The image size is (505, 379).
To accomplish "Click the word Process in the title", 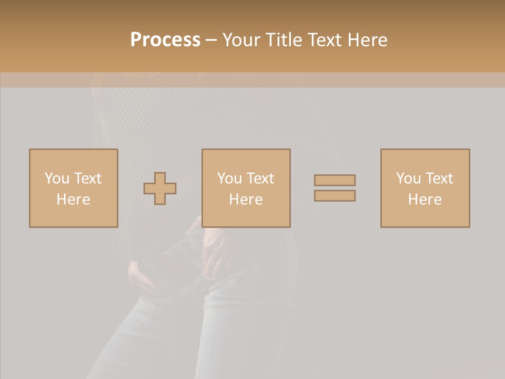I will (x=165, y=40).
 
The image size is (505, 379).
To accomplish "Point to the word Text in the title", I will (x=327, y=40).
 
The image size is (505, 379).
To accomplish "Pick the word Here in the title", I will (x=368, y=40).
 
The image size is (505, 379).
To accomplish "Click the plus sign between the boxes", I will (x=160, y=188).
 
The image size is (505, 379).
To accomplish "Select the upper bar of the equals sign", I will (x=335, y=181).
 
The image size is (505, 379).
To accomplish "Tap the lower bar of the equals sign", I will (x=335, y=196).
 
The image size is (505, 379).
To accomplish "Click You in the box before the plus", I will (x=57, y=178).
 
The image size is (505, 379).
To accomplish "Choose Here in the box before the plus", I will (x=73, y=200).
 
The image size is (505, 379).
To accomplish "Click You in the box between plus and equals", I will (x=229, y=178).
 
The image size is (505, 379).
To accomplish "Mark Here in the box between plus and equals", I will (x=246, y=200).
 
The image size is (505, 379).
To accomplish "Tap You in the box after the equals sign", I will (x=408, y=178).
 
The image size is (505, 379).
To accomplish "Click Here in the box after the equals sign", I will (x=425, y=200).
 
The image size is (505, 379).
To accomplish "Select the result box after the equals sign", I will (x=425, y=216).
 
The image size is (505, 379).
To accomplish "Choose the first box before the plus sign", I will (x=73, y=216).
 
